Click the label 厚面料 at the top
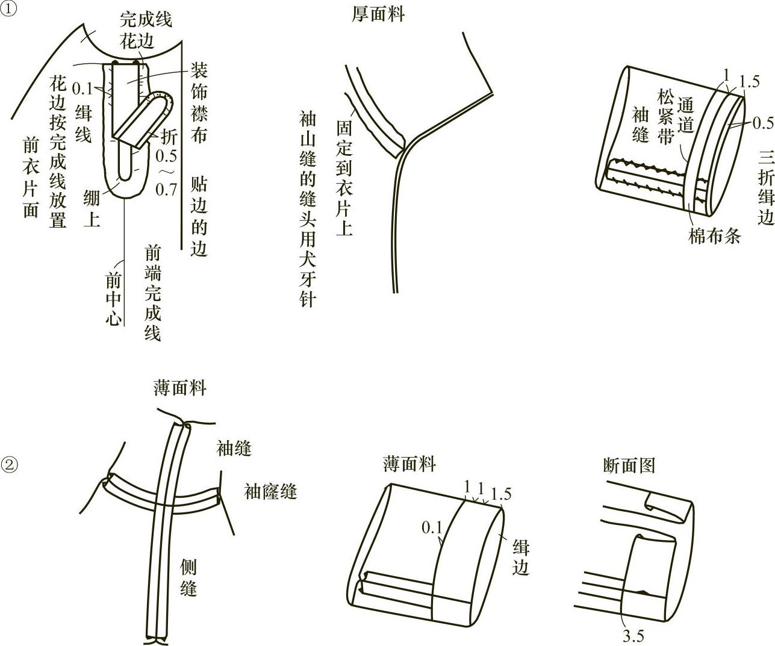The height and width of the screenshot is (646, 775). pos(378,14)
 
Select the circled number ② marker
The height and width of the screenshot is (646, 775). pos(10,465)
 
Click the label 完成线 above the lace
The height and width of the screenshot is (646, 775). pos(146,20)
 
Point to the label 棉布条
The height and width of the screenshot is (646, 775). pos(714,235)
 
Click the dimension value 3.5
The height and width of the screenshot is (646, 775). pos(633,636)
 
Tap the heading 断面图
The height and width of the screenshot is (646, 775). pos(629,465)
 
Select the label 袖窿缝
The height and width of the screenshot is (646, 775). pos(270,492)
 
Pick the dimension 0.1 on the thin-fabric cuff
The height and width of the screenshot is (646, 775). pos(432,528)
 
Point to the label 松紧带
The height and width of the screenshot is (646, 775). pos(665,117)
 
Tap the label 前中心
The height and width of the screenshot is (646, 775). pos(113,299)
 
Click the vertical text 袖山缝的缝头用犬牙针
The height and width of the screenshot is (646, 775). pos(308,209)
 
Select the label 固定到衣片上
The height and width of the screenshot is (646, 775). pos(344,178)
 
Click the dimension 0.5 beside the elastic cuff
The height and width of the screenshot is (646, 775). pos(763,123)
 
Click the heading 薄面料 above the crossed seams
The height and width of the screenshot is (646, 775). pos(179,388)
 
